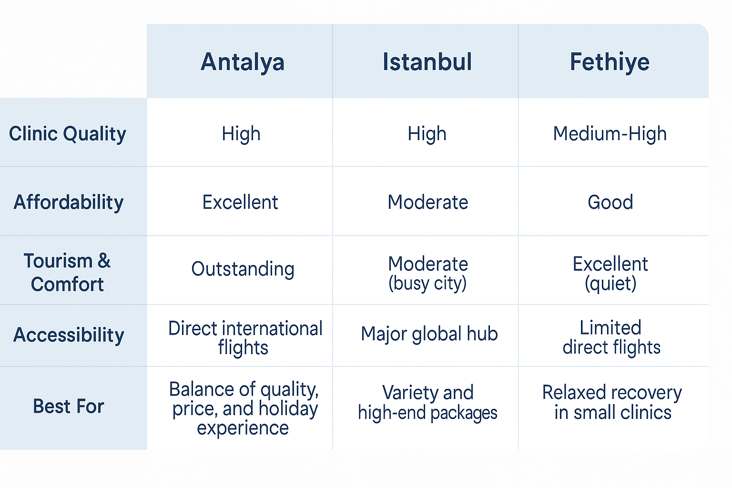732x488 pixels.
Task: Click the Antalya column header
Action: pyautogui.click(x=243, y=62)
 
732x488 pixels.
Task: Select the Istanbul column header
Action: pyautogui.click(x=427, y=61)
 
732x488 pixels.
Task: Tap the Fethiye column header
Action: pyautogui.click(x=610, y=62)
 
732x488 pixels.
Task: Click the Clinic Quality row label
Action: pyautogui.click(x=68, y=134)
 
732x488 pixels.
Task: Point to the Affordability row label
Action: pyautogui.click(x=69, y=203)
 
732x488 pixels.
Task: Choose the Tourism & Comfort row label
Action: pyautogui.click(x=67, y=272)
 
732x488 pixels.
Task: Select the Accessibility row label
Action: pyautogui.click(x=69, y=335)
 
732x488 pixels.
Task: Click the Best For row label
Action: pyautogui.click(x=69, y=407)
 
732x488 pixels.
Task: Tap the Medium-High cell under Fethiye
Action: pyautogui.click(x=610, y=134)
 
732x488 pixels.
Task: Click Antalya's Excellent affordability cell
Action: pyautogui.click(x=240, y=202)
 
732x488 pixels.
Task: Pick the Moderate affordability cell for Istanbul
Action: pyautogui.click(x=428, y=202)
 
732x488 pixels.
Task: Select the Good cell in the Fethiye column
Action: pyautogui.click(x=610, y=202)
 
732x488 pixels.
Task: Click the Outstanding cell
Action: pyautogui.click(x=243, y=269)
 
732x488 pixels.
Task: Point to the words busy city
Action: pyautogui.click(x=427, y=284)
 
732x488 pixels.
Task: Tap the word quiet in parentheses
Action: pyautogui.click(x=610, y=284)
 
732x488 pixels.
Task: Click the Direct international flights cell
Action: pyautogui.click(x=245, y=338)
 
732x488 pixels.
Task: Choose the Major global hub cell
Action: pyautogui.click(x=429, y=334)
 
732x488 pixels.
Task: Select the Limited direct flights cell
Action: pyautogui.click(x=611, y=337)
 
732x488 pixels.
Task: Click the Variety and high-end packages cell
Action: pyautogui.click(x=427, y=402)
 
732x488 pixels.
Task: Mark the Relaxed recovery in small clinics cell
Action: pyautogui.click(x=612, y=402)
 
